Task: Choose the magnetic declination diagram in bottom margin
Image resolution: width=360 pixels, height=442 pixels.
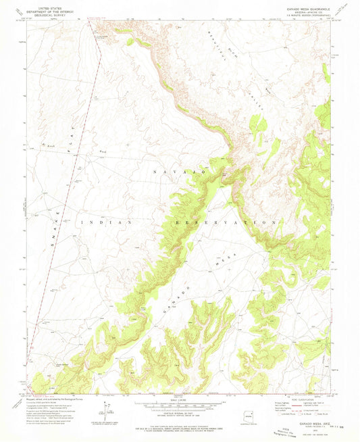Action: [107, 412]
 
